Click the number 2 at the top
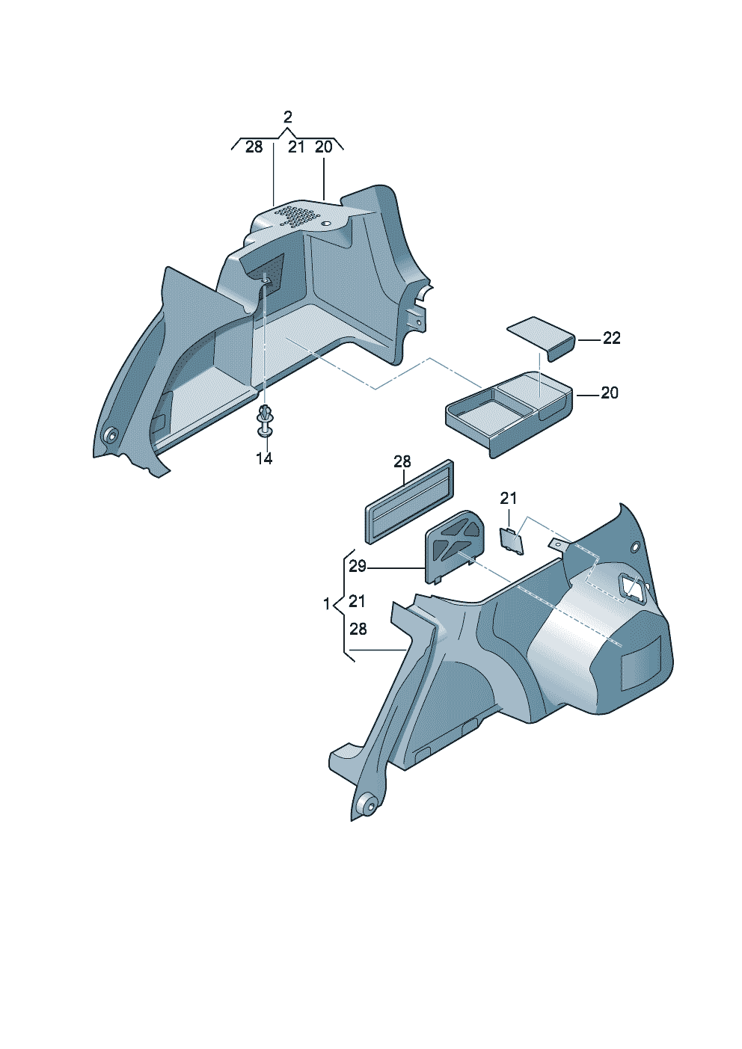[288, 117]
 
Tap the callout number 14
[264, 458]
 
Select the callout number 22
[611, 338]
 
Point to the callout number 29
[358, 566]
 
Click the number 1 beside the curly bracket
[327, 604]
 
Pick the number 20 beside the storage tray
[610, 393]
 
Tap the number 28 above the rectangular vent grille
[402, 462]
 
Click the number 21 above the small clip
[508, 498]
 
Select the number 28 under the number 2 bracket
[254, 147]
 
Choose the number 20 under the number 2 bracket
[324, 147]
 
